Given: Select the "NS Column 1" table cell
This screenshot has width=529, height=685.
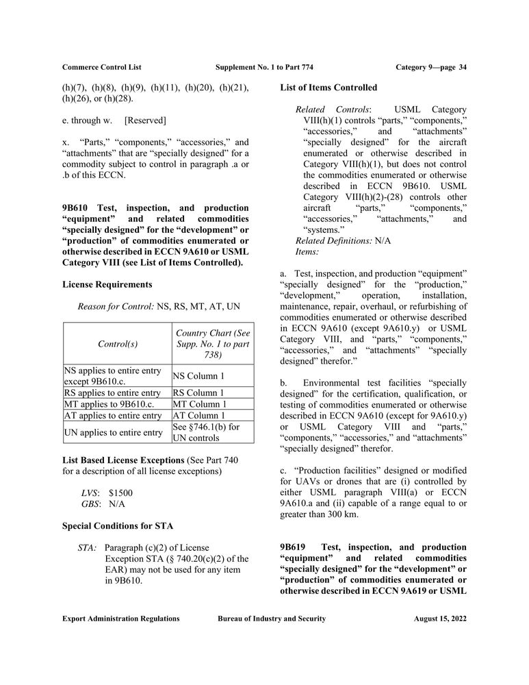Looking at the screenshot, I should [198, 375].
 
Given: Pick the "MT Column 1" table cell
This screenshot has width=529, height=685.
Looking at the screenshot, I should [199, 404].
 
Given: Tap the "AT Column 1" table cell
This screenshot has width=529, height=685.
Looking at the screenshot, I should [198, 416].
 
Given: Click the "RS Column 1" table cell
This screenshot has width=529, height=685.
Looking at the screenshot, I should [198, 393].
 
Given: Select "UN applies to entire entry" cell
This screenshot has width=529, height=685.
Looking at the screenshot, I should [113, 432].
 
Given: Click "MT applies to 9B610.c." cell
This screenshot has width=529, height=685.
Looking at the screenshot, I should [107, 404].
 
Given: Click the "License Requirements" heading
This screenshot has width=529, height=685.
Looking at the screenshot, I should [107, 284].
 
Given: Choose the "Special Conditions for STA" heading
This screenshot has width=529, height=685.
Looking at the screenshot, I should [118, 526].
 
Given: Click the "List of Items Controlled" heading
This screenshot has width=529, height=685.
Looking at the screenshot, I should [328, 88].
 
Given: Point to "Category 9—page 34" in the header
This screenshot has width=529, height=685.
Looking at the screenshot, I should [431, 66].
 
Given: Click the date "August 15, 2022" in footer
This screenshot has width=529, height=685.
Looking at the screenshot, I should [440, 619].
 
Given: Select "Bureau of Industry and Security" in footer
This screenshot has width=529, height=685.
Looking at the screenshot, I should [272, 619].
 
